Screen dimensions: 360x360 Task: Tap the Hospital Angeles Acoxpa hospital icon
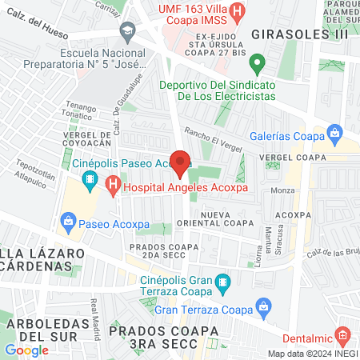click(x=112, y=187)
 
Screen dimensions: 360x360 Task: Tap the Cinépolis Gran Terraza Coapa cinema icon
click(x=223, y=281)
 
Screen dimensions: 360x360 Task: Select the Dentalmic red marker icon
click(x=342, y=334)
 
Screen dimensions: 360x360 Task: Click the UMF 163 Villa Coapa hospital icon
click(x=238, y=12)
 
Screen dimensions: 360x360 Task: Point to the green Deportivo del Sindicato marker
click(x=257, y=62)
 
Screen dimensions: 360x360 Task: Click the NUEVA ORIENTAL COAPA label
click(x=232, y=221)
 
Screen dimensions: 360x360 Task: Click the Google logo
click(x=26, y=350)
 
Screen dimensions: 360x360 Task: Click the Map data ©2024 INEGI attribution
click(x=312, y=354)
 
